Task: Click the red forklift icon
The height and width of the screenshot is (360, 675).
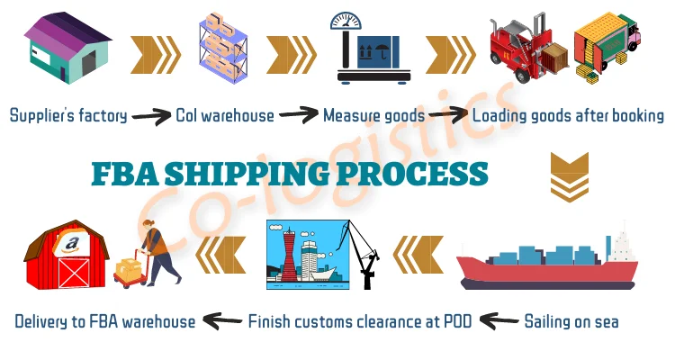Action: coord(526,49)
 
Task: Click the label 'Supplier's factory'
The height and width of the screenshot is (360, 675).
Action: coord(68,116)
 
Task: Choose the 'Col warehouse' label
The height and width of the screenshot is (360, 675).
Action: coord(225,116)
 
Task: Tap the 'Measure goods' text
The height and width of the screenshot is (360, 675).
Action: coord(374,116)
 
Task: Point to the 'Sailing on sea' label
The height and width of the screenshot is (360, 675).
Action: coord(571,320)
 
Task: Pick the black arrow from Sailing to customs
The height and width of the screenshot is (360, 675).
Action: coord(500,319)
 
